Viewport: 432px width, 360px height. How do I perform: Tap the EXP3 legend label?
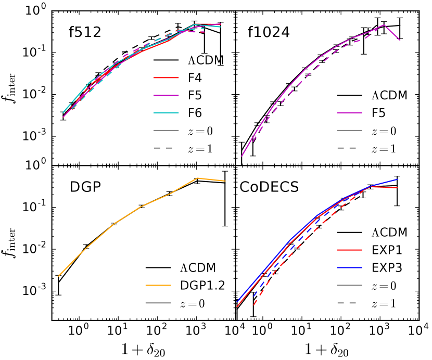pyautogui.click(x=384, y=267)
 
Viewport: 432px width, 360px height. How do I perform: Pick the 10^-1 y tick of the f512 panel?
pyautogui.click(x=37, y=53)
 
